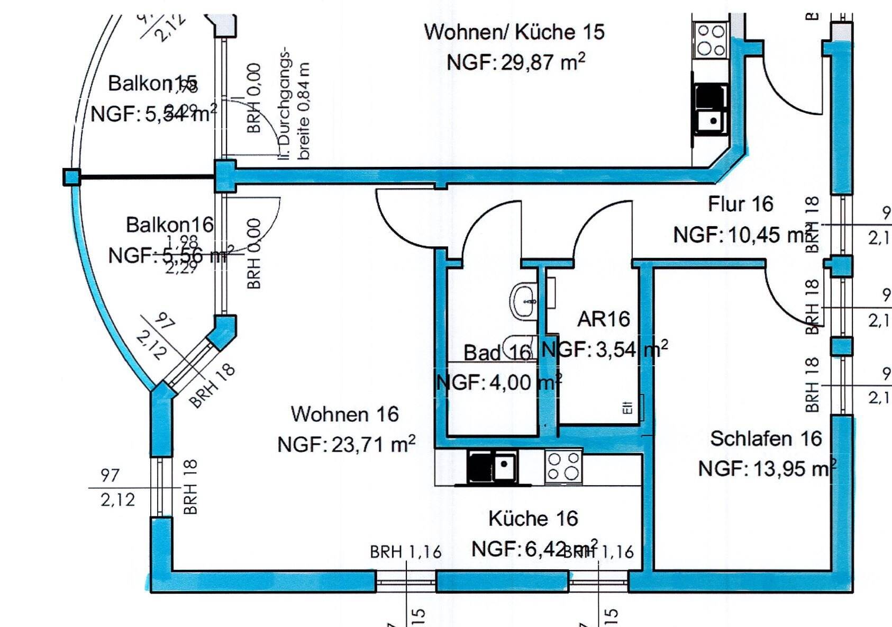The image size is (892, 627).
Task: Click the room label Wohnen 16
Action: [x=344, y=414]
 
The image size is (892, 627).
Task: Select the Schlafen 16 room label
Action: [x=766, y=438]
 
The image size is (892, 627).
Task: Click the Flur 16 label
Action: [x=740, y=204]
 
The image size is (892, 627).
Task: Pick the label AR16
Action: [x=604, y=319]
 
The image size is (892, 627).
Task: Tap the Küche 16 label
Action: [x=533, y=518]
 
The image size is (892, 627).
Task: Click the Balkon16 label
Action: [x=169, y=225]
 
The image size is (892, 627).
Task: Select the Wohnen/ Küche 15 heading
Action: [x=514, y=32]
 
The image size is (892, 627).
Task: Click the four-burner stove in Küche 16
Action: [x=563, y=466]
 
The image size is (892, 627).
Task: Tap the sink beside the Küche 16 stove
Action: [x=504, y=466]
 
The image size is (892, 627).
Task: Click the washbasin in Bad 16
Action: [x=524, y=300]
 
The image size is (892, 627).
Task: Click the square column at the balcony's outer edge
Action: [x=71, y=177]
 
